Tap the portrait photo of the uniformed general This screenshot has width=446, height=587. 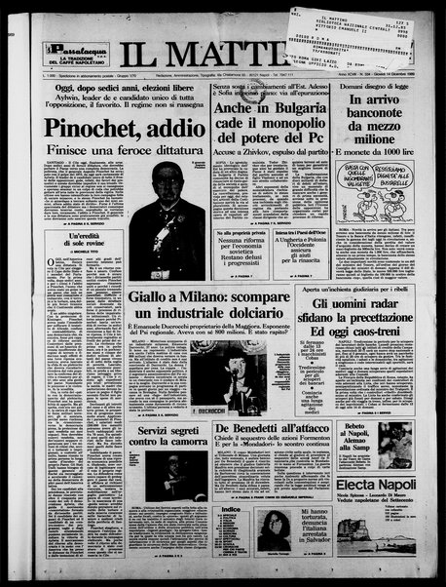167,216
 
